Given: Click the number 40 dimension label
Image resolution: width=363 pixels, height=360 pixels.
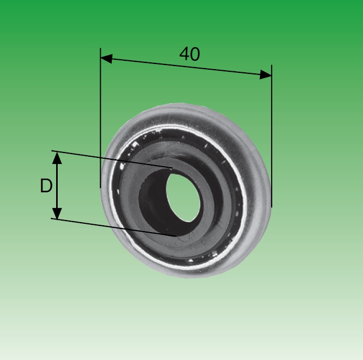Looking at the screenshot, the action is [189, 54].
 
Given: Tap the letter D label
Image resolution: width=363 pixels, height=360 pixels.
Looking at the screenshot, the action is [46, 186].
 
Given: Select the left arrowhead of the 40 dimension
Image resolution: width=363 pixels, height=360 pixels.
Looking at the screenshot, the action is [106, 59].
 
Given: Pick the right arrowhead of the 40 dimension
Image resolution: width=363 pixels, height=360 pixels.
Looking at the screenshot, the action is [265, 74].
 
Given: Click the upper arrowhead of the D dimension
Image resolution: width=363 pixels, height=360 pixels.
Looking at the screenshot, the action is [57, 158].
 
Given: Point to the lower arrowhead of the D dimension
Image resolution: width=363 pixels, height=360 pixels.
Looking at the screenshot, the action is [57, 213].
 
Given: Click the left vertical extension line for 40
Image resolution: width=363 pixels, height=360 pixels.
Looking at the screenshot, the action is [101, 118].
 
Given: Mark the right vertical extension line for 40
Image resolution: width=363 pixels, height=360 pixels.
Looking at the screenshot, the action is [272, 136].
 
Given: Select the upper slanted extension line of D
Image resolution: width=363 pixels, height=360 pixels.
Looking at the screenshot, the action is [112, 159].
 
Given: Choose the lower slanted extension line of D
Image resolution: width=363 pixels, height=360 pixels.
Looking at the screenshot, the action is [113, 227].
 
